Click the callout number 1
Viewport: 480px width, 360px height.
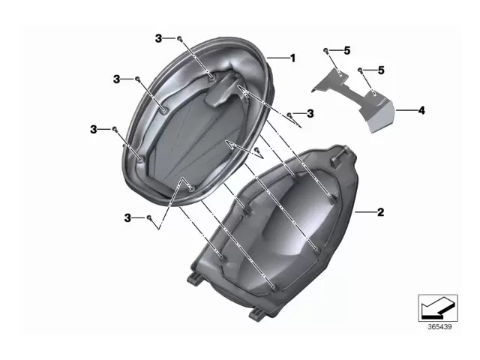(293, 58)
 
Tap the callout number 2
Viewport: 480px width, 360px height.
(380, 213)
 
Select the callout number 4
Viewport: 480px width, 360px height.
(421, 110)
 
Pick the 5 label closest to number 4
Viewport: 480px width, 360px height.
(380, 70)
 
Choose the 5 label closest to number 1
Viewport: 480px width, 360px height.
(347, 50)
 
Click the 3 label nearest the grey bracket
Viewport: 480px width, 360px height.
(310, 113)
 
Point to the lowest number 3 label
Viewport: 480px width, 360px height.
(128, 217)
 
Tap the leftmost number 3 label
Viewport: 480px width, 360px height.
(94, 130)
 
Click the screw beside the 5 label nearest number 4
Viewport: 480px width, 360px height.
(361, 70)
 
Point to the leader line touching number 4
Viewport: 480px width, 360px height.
(406, 110)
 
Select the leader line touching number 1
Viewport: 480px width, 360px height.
(278, 58)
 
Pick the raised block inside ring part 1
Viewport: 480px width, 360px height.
(224, 92)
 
